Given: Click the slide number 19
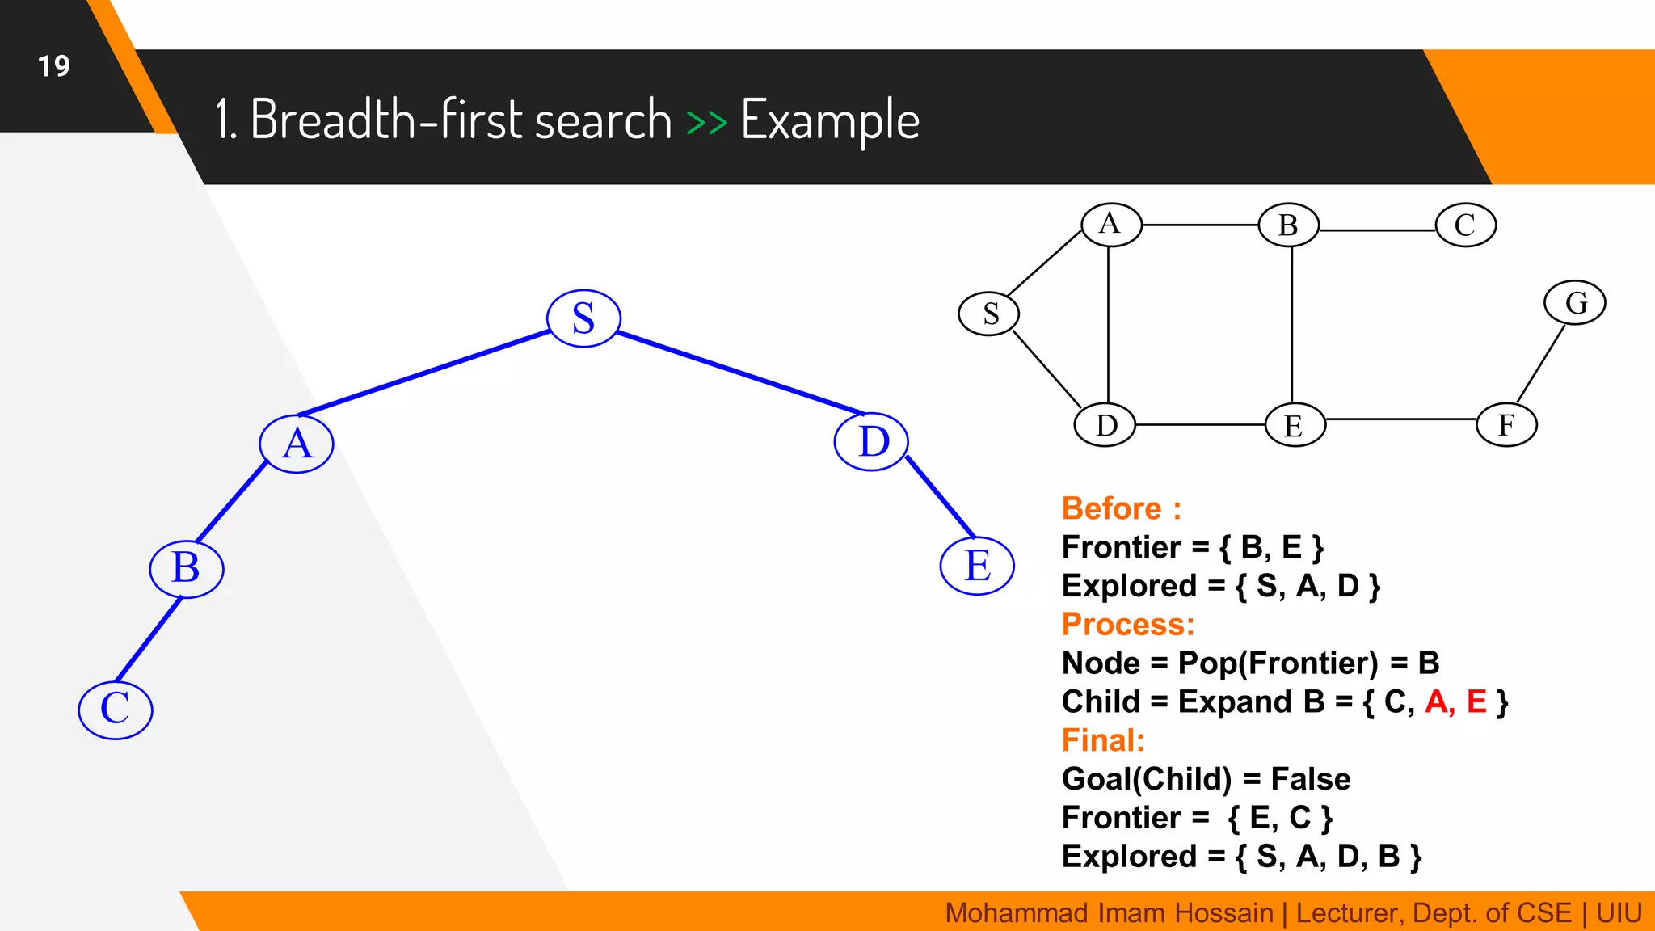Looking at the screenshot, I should [54, 66].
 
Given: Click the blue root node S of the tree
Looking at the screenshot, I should [583, 318].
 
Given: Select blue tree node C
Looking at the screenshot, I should [116, 710].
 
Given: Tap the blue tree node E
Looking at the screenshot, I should [977, 566].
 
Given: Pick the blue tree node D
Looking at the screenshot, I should [872, 442].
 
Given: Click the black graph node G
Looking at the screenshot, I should [1574, 303].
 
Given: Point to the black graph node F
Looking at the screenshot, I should [1506, 425].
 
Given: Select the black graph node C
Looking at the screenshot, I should [1465, 225].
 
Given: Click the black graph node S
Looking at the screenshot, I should [988, 314].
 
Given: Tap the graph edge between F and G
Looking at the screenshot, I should [1540, 364].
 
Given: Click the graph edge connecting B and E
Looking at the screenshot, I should [1291, 323].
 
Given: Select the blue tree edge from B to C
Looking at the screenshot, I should [149, 639].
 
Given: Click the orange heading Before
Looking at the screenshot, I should [1112, 508].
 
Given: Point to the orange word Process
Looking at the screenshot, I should [1126, 624].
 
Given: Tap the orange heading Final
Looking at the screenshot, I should [1102, 740].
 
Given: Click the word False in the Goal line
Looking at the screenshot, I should [1310, 779].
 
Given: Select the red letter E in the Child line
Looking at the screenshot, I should [1476, 701].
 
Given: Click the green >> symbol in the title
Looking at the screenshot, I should [706, 122].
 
